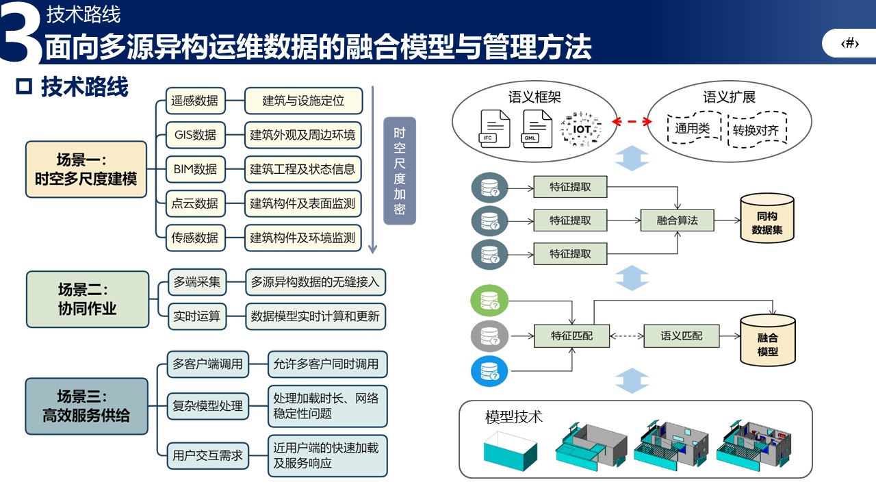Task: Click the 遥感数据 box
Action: click(x=195, y=101)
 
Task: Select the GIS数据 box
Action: click(x=195, y=135)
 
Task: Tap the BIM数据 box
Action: click(x=195, y=169)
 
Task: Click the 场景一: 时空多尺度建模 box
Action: click(x=86, y=169)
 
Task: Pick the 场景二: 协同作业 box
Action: click(x=88, y=299)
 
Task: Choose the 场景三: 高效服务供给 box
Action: click(x=86, y=405)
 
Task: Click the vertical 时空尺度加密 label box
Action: click(x=400, y=171)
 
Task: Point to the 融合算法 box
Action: click(x=678, y=220)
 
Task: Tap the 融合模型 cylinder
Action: click(x=767, y=341)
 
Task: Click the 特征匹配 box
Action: click(x=571, y=336)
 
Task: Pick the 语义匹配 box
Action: click(x=682, y=336)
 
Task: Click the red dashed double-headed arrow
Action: click(x=631, y=122)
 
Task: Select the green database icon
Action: click(x=489, y=302)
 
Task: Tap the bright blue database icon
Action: click(x=489, y=372)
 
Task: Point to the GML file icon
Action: click(x=537, y=127)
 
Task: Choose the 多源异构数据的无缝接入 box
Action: click(x=315, y=281)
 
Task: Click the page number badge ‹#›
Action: click(x=849, y=44)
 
